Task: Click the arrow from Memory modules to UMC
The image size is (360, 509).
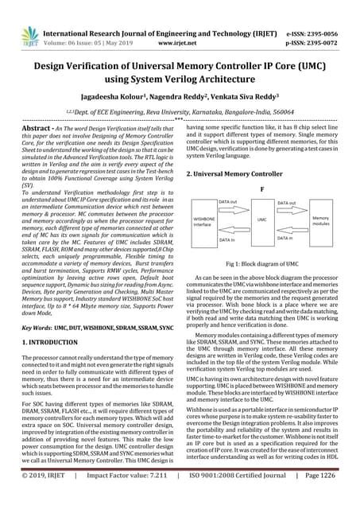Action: pyautogui.click(x=292, y=231)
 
